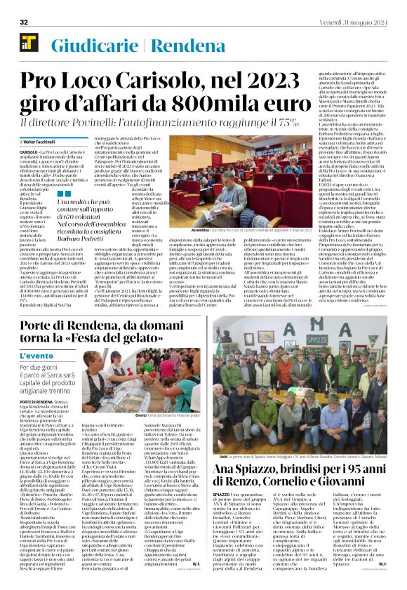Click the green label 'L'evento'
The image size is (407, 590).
[40, 356]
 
